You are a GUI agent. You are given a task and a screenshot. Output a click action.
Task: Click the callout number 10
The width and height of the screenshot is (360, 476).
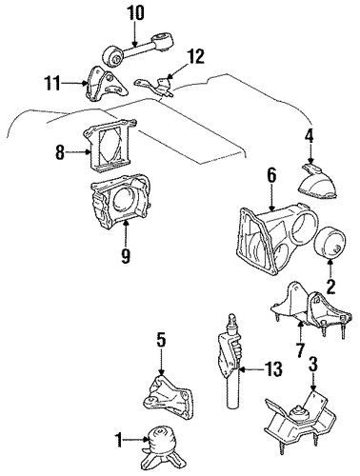[x=135, y=13]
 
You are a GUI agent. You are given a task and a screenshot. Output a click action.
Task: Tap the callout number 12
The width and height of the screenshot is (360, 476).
[x=195, y=57]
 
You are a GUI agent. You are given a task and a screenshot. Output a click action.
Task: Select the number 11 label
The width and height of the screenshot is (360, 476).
[x=52, y=84]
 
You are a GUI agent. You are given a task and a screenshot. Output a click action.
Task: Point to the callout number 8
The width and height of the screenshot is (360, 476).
[x=60, y=152]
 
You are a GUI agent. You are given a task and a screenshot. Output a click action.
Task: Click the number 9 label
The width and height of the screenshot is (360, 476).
[x=126, y=255]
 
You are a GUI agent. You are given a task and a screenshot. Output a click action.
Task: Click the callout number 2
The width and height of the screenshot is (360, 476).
[x=330, y=288]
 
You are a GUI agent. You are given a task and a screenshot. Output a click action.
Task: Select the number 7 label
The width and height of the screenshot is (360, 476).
[x=300, y=350]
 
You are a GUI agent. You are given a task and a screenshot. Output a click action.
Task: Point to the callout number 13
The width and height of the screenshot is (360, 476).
[x=273, y=369]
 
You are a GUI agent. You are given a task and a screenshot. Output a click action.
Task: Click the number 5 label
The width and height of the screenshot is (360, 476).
[x=161, y=340]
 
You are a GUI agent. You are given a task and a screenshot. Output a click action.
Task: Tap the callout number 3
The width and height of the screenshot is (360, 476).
[x=313, y=364]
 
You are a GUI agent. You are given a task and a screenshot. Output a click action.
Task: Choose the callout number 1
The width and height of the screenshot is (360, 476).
[x=119, y=440]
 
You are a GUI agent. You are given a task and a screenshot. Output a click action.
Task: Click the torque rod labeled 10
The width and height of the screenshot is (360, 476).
[x=137, y=50]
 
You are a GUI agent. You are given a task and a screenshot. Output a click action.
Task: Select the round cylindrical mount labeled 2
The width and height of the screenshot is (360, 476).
[x=330, y=243]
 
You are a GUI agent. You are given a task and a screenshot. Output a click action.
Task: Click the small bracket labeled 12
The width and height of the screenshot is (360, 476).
[x=155, y=85]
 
